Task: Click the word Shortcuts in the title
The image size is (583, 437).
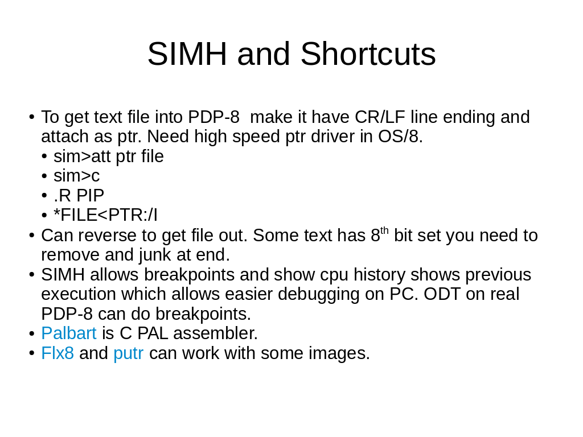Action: click(368, 54)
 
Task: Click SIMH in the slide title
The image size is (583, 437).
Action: click(187, 54)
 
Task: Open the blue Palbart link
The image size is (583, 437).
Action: click(69, 333)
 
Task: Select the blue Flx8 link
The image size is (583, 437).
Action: click(58, 353)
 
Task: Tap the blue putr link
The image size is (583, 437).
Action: click(128, 354)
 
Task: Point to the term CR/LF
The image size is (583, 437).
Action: click(380, 117)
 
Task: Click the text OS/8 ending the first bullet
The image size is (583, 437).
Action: click(400, 137)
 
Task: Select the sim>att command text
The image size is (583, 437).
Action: click(82, 156)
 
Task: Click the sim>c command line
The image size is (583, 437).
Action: click(77, 176)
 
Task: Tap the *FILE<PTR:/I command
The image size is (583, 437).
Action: click(105, 215)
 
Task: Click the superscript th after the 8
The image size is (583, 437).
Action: click(384, 231)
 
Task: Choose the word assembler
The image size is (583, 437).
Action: click(216, 333)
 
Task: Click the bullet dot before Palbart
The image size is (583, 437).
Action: click(32, 333)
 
